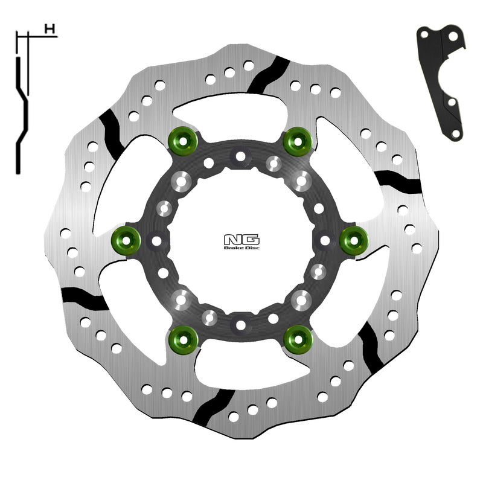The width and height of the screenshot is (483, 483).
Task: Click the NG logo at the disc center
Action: tap(241, 237)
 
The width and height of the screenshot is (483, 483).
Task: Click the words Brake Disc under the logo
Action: tap(241, 247)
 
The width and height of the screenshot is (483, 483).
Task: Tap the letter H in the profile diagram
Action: tap(51, 28)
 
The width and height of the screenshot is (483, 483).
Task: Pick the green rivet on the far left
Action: tap(126, 241)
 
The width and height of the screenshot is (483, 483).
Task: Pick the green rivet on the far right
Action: tap(354, 241)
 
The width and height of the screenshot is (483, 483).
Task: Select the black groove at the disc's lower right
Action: tap(369, 350)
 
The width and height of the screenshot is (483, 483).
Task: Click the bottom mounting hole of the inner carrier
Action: tap(241, 325)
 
